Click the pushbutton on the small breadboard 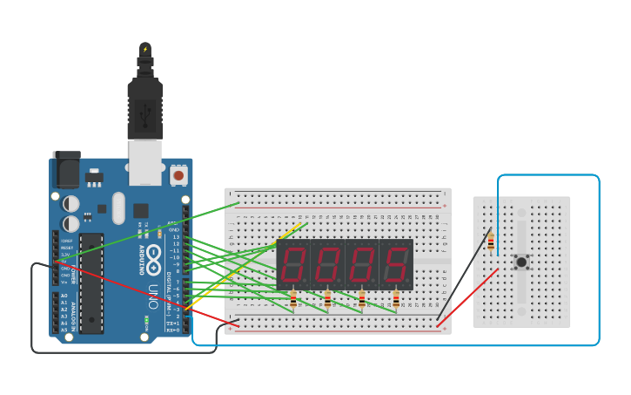521,262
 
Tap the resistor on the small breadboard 491,242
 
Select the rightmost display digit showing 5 396,264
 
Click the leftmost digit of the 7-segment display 293,264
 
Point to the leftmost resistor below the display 293,300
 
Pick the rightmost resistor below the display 396,300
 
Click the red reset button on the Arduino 178,175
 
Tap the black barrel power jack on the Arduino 66,170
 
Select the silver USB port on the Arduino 144,163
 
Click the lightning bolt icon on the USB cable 145,49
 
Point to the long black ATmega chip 91,296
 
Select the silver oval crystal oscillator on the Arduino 118,208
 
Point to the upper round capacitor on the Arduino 71,203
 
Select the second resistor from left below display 327,300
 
